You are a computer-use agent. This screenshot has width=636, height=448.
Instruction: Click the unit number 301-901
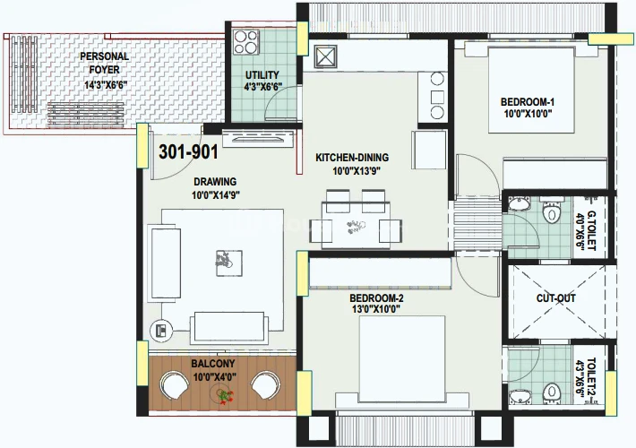tap(188, 152)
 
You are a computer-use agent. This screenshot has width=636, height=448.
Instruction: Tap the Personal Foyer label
tap(104, 63)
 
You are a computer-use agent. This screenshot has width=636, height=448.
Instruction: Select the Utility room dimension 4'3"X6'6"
tap(262, 86)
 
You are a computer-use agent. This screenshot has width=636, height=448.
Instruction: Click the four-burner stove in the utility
tap(245, 42)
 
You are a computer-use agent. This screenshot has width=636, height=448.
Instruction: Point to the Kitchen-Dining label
tap(352, 158)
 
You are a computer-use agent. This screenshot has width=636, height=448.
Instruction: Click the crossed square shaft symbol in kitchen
tap(325, 56)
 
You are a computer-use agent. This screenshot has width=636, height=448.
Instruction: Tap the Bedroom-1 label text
tap(528, 102)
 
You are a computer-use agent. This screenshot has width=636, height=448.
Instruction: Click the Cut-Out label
tap(555, 298)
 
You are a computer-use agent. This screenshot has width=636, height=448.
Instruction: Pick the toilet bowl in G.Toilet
tap(551, 211)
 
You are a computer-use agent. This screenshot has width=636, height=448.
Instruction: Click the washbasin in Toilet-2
tap(520, 396)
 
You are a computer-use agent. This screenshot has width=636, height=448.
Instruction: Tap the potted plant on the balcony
tap(224, 395)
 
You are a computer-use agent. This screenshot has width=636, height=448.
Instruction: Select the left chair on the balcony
tap(175, 385)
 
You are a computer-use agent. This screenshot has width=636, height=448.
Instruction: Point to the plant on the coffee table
tap(223, 259)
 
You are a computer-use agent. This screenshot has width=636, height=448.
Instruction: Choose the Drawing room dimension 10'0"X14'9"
tap(216, 195)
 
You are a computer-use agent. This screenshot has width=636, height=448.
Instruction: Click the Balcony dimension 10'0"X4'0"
tap(215, 377)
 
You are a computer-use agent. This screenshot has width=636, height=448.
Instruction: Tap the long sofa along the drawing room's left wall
tap(166, 263)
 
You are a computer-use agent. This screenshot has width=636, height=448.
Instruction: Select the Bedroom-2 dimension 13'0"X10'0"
tap(376, 310)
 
